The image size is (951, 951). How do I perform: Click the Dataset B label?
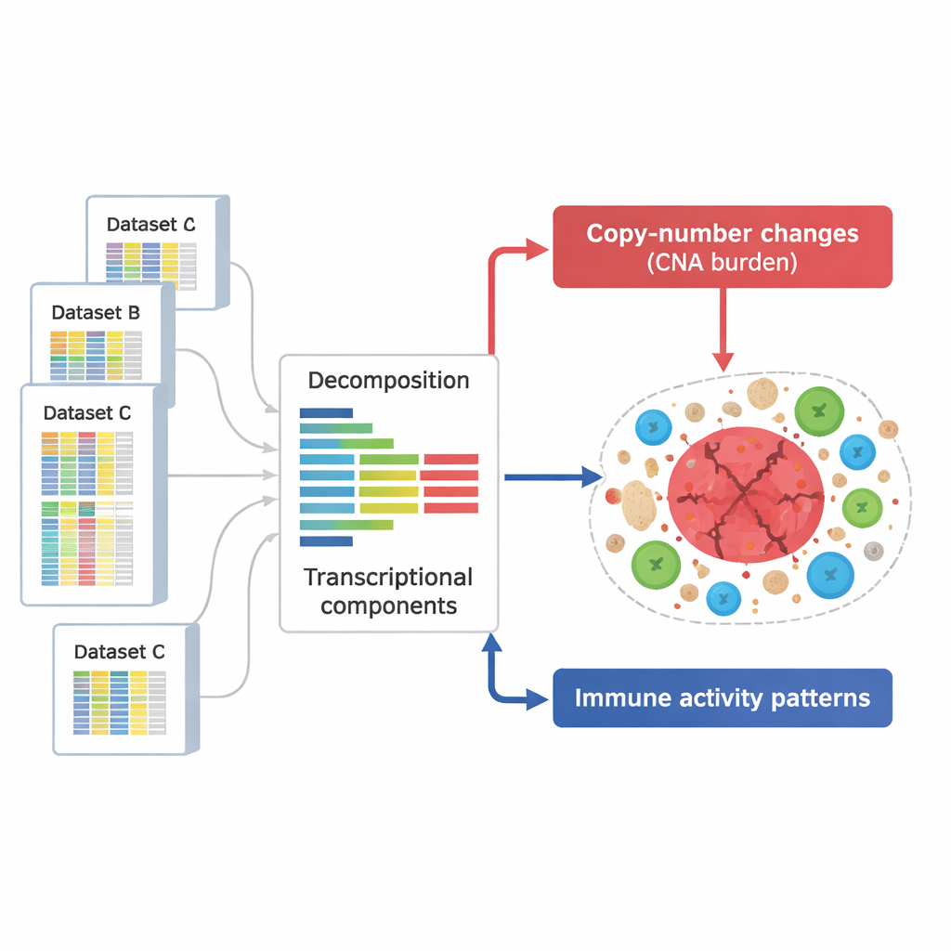click(96, 312)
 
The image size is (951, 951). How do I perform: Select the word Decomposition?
click(388, 381)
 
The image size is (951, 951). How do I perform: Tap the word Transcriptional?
click(388, 578)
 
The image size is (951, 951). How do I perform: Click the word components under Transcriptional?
click(388, 606)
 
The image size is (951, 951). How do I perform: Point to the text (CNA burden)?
click(722, 262)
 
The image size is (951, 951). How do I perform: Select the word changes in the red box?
click(811, 232)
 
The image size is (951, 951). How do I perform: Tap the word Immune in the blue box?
click(615, 698)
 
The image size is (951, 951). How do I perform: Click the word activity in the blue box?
click(708, 698)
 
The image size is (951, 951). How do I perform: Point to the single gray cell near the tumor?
click(873, 552)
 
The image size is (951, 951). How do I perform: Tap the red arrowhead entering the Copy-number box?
click(538, 246)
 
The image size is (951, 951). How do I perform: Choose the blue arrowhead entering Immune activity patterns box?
click(538, 698)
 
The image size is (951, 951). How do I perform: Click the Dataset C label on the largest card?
click(87, 412)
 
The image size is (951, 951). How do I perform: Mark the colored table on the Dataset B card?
click(96, 356)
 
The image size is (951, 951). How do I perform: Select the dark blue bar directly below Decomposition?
click(326, 412)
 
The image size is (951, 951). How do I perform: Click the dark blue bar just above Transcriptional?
click(326, 541)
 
